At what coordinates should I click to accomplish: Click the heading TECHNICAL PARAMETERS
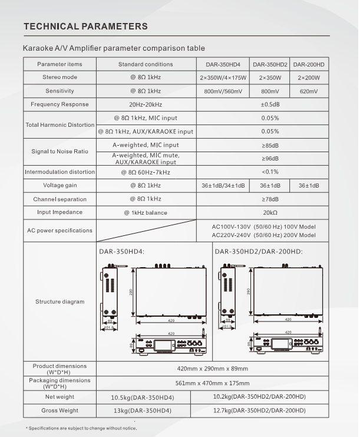85,27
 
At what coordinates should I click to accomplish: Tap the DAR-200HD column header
309,64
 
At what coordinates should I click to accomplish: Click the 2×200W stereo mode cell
309,78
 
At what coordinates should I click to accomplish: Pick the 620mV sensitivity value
309,91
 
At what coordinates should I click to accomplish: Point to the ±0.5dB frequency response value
270,105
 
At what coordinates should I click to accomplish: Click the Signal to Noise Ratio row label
60,152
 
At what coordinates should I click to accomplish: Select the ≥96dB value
270,159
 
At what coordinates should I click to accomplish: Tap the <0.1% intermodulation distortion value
270,172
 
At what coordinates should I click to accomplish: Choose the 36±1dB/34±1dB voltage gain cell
223,186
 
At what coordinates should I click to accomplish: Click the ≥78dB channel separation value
270,199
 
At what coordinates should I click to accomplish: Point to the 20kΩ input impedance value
270,213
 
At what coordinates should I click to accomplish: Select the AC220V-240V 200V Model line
263,235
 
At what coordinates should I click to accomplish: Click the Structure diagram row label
60,302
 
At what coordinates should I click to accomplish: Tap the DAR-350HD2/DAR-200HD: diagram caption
258,251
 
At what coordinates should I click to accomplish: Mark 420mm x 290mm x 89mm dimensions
213,369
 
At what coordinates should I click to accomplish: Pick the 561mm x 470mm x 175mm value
213,383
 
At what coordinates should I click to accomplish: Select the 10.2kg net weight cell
259,397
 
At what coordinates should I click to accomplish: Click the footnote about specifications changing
81,428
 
